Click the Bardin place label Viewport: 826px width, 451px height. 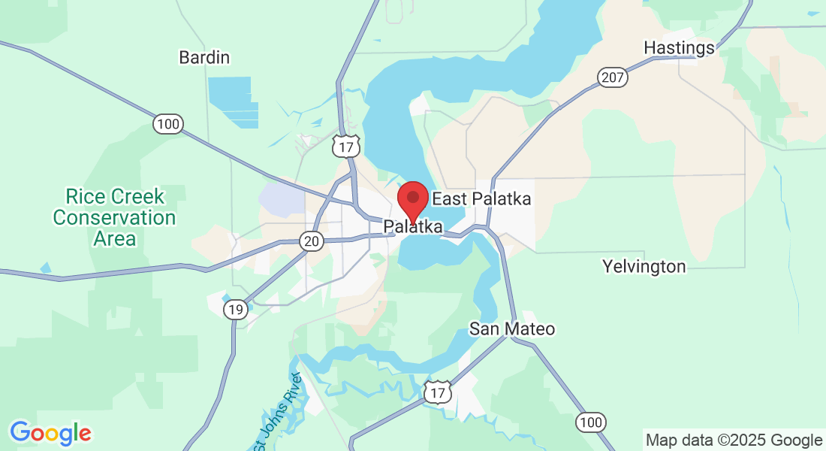(203, 57)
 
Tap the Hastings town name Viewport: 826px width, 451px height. (679, 48)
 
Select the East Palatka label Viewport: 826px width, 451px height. (481, 199)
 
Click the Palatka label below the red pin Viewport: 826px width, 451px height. (412, 226)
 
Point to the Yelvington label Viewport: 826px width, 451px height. (644, 267)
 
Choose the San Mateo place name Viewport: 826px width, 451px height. (512, 329)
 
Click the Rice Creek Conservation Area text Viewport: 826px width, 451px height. (114, 218)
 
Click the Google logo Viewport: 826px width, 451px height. (50, 433)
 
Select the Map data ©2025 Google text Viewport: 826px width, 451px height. (734, 440)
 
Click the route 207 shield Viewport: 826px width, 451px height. (613, 77)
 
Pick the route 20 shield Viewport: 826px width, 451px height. (311, 241)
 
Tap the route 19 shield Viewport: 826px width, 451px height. (236, 309)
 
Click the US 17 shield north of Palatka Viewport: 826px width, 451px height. (346, 146)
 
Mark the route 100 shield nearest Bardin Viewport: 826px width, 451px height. (169, 124)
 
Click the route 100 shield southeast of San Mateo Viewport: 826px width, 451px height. (591, 422)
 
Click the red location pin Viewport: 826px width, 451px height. (412, 199)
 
